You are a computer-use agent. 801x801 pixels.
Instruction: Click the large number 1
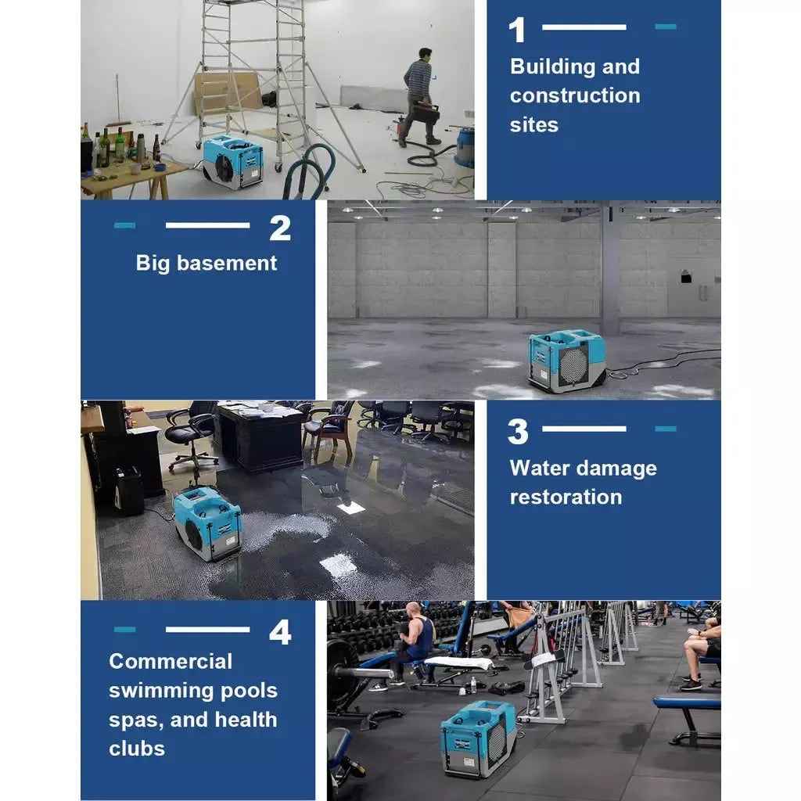(517, 30)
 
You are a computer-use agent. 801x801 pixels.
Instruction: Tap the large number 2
(280, 228)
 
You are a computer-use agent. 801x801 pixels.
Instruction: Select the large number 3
(518, 432)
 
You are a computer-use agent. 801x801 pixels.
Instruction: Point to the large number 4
(280, 632)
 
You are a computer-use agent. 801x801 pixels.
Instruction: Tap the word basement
(227, 263)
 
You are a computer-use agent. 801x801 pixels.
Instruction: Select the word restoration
(566, 497)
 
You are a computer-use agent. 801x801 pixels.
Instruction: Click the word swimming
(161, 691)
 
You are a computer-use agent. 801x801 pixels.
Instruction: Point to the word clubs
(137, 749)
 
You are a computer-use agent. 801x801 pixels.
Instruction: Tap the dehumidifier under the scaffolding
(233, 161)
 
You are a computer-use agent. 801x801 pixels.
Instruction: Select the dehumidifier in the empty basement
(567, 360)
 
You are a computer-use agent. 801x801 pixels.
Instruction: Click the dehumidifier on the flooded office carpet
(207, 523)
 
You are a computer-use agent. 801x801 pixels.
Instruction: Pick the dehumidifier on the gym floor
(478, 738)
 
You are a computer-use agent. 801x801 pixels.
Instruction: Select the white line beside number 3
(584, 429)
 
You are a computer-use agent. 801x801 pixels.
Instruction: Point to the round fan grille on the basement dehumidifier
(573, 365)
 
